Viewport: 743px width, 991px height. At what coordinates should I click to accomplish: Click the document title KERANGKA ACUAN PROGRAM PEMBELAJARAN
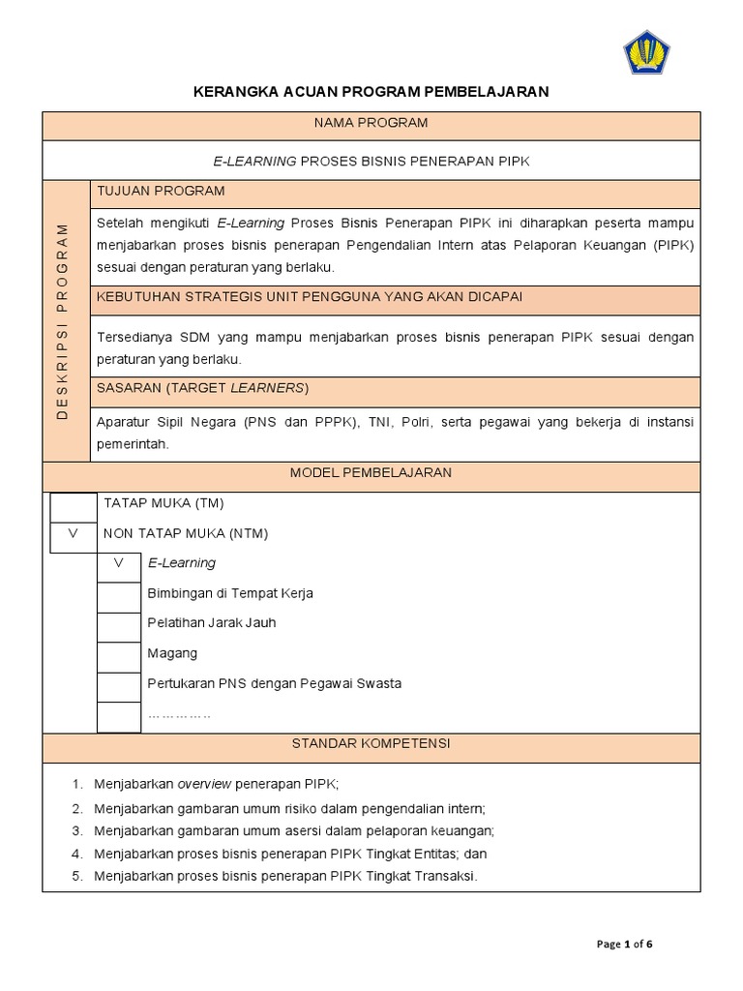pyautogui.click(x=371, y=92)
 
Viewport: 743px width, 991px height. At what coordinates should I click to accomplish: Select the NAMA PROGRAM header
pyautogui.click(x=371, y=124)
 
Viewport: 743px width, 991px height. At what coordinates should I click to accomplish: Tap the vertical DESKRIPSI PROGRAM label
pyautogui.click(x=63, y=320)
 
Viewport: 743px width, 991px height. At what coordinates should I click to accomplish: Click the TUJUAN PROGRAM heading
pyautogui.click(x=161, y=192)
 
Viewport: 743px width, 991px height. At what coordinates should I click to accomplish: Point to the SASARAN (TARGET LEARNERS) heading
pyautogui.click(x=202, y=389)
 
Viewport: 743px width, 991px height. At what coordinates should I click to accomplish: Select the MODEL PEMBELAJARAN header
pyautogui.click(x=371, y=473)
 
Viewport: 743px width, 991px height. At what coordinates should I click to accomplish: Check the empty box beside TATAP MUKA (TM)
pyautogui.click(x=74, y=507)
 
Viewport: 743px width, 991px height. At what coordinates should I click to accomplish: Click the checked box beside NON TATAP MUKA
pyautogui.click(x=74, y=536)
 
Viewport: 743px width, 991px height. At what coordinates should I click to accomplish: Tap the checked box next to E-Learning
pyautogui.click(x=119, y=566)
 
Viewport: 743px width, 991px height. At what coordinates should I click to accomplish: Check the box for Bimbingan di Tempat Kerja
pyautogui.click(x=119, y=596)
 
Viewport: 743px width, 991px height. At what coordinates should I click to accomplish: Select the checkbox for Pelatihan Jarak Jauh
pyautogui.click(x=119, y=626)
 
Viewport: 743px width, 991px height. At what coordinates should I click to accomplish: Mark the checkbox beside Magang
pyautogui.click(x=119, y=656)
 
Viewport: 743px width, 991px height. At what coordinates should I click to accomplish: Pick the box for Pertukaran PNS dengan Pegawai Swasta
pyautogui.click(x=119, y=686)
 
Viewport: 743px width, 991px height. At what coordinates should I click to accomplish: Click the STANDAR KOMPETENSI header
pyautogui.click(x=371, y=744)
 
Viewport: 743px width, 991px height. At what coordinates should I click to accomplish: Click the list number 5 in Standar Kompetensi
pyautogui.click(x=76, y=877)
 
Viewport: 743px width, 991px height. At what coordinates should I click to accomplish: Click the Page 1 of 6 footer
pyautogui.click(x=625, y=945)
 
